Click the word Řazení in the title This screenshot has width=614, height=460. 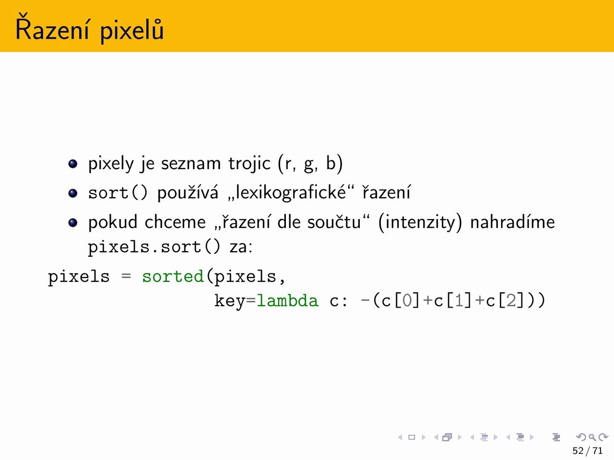coord(52,27)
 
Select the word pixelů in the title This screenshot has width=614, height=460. coord(131,31)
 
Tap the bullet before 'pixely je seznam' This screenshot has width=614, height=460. coord(73,164)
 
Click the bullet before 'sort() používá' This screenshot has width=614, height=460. coord(73,193)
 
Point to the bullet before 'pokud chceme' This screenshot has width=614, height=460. coord(73,223)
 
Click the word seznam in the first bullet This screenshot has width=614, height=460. coord(191,164)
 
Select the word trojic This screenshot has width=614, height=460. coord(249,163)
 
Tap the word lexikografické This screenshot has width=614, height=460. coord(291,193)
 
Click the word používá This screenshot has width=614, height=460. coord(188,193)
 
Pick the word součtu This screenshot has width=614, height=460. coord(334,222)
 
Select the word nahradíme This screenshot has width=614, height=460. coord(512,222)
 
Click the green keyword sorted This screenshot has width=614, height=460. coord(173,276)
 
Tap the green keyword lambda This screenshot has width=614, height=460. coord(287,301)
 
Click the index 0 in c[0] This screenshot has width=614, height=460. coord(407,301)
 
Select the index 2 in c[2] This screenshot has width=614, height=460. coord(511,301)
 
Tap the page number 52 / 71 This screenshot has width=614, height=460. coord(588,450)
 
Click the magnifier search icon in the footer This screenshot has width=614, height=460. coord(592,437)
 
